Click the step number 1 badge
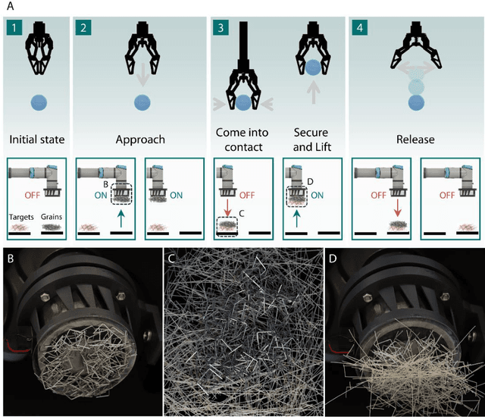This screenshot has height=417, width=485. [13, 30]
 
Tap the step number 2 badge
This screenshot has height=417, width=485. [83, 30]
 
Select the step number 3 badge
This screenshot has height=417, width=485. [221, 30]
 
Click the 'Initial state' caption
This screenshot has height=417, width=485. [36, 140]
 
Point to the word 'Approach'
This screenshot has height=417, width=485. [140, 140]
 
